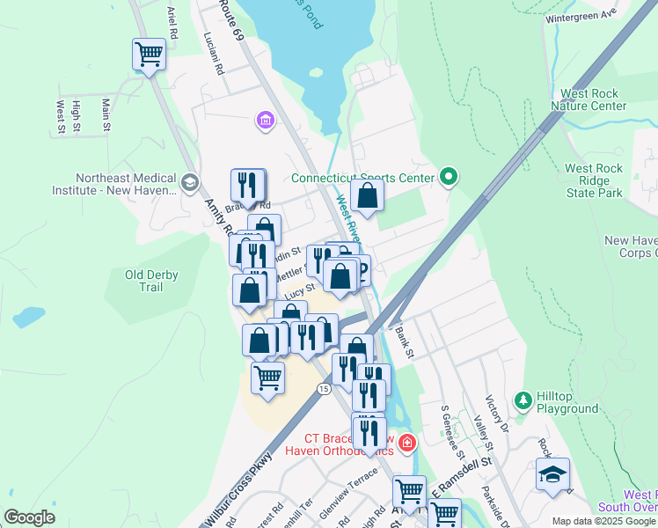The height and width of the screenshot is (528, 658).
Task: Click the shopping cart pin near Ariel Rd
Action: [150, 55]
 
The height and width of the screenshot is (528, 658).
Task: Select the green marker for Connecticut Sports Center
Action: [449, 178]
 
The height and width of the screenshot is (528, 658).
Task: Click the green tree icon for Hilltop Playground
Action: [523, 401]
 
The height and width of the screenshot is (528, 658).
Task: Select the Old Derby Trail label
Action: [151, 281]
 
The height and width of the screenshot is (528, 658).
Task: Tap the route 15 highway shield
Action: [324, 388]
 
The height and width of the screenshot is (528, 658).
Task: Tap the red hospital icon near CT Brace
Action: [406, 442]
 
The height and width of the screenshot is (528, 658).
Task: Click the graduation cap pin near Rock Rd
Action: [552, 475]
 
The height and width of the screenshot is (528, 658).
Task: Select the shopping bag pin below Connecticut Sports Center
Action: [368, 196]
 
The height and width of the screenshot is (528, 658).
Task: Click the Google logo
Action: [29, 517]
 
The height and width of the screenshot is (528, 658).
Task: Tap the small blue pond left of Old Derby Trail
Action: [28, 317]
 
